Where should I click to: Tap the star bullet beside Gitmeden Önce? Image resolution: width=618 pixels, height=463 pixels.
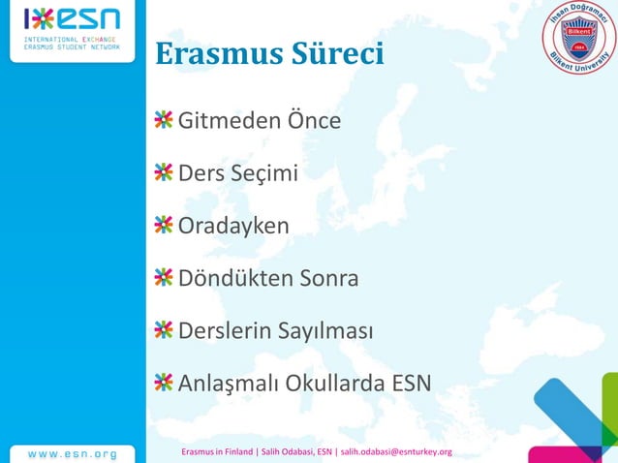tap(163, 121)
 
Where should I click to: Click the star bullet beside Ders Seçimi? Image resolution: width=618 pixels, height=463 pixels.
tap(163, 173)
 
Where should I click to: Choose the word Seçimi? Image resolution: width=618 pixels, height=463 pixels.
tap(263, 174)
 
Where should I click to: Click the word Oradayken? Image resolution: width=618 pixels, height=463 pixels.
tap(233, 227)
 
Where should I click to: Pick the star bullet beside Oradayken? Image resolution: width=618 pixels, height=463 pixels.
tap(163, 226)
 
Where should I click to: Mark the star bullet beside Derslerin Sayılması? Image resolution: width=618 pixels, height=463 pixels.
tap(163, 330)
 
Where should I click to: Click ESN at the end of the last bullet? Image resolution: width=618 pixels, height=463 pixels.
tap(411, 384)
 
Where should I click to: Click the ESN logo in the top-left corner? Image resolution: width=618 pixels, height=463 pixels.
tap(73, 29)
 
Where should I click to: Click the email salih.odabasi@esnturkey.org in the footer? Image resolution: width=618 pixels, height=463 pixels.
tap(396, 452)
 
